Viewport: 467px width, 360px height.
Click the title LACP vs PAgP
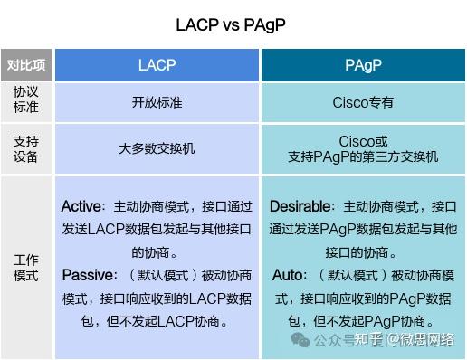[x=233, y=24]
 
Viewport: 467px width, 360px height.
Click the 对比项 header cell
[x=26, y=65]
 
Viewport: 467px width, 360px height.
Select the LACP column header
[x=157, y=65]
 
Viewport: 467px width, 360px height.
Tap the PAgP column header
[x=362, y=65]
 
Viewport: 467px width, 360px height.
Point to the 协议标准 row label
[x=26, y=101]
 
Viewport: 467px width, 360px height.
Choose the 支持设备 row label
[x=26, y=149]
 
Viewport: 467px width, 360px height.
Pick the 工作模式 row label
[x=26, y=268]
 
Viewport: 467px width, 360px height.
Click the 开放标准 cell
[x=157, y=102]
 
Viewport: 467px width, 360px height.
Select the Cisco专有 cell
[x=362, y=102]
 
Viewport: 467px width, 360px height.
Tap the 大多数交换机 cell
[x=157, y=149]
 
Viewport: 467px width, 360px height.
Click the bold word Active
[x=81, y=206]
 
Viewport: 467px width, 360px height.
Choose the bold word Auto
[x=289, y=274]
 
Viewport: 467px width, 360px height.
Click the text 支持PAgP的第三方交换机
[x=363, y=156]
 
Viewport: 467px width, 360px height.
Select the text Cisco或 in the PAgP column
[x=363, y=142]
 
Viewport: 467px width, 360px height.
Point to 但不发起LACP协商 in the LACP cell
[x=172, y=320]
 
